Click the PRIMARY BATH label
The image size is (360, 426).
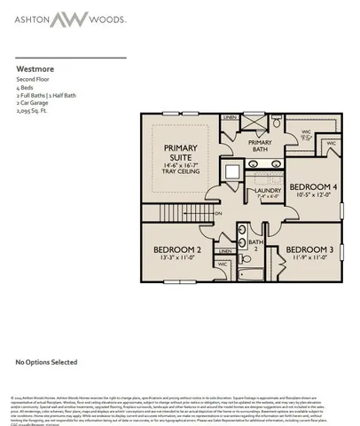pyautogui.click(x=260, y=146)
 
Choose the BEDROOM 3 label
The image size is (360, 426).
pyautogui.click(x=309, y=249)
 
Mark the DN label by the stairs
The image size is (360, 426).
pyautogui.click(x=220, y=214)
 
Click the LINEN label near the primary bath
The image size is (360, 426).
pyautogui.click(x=230, y=117)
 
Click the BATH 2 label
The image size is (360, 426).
pyautogui.click(x=256, y=244)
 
